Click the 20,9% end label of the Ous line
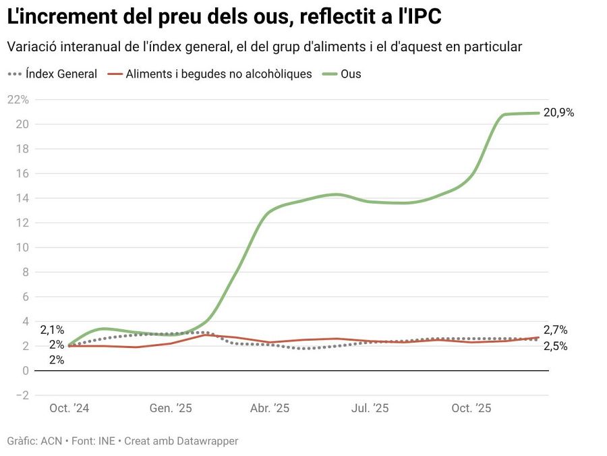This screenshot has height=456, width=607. (x=558, y=113)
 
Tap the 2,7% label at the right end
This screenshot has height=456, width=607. (x=555, y=330)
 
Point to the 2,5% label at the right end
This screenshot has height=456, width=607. (x=555, y=346)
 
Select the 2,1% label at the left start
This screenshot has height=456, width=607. (x=52, y=330)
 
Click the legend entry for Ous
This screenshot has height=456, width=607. (x=351, y=74)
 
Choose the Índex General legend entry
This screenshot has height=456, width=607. (x=61, y=74)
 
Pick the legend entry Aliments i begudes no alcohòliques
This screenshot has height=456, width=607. (x=219, y=74)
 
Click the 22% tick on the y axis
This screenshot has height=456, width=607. (x=18, y=100)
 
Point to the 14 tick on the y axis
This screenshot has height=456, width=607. (x=22, y=198)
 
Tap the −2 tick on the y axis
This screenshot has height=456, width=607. (x=22, y=395)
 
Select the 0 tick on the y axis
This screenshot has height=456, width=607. (x=26, y=371)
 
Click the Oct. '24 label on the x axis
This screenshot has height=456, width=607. (x=69, y=408)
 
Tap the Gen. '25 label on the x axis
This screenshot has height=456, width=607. (x=171, y=408)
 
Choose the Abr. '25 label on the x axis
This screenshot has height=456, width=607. (x=270, y=408)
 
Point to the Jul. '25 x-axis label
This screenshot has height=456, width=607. (x=370, y=408)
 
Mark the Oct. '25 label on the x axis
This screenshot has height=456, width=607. (x=471, y=408)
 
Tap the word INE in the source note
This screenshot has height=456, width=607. (x=107, y=441)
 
